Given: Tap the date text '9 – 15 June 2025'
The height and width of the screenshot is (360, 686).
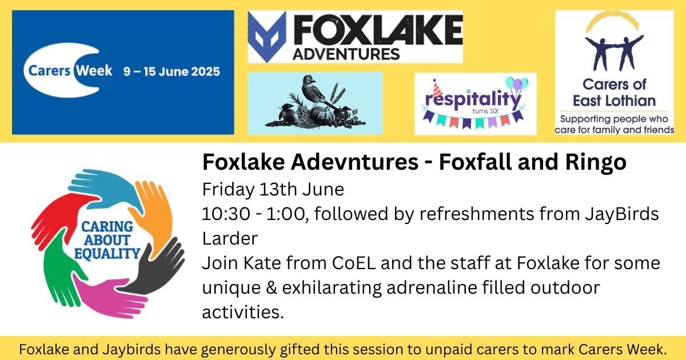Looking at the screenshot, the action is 171,71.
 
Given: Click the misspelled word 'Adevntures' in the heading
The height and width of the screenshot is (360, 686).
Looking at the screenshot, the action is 354,162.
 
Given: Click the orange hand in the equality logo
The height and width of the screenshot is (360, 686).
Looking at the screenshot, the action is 153,214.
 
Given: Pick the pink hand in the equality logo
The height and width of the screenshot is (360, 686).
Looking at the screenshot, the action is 110,298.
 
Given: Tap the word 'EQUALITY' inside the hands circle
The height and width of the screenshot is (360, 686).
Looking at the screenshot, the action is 107,254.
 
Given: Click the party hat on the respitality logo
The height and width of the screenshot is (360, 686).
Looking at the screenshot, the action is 437,88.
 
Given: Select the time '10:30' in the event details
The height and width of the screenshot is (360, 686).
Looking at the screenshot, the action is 226,214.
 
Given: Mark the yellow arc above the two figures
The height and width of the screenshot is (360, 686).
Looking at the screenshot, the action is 612,18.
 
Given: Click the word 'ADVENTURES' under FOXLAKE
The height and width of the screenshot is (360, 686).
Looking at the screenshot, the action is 346,54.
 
